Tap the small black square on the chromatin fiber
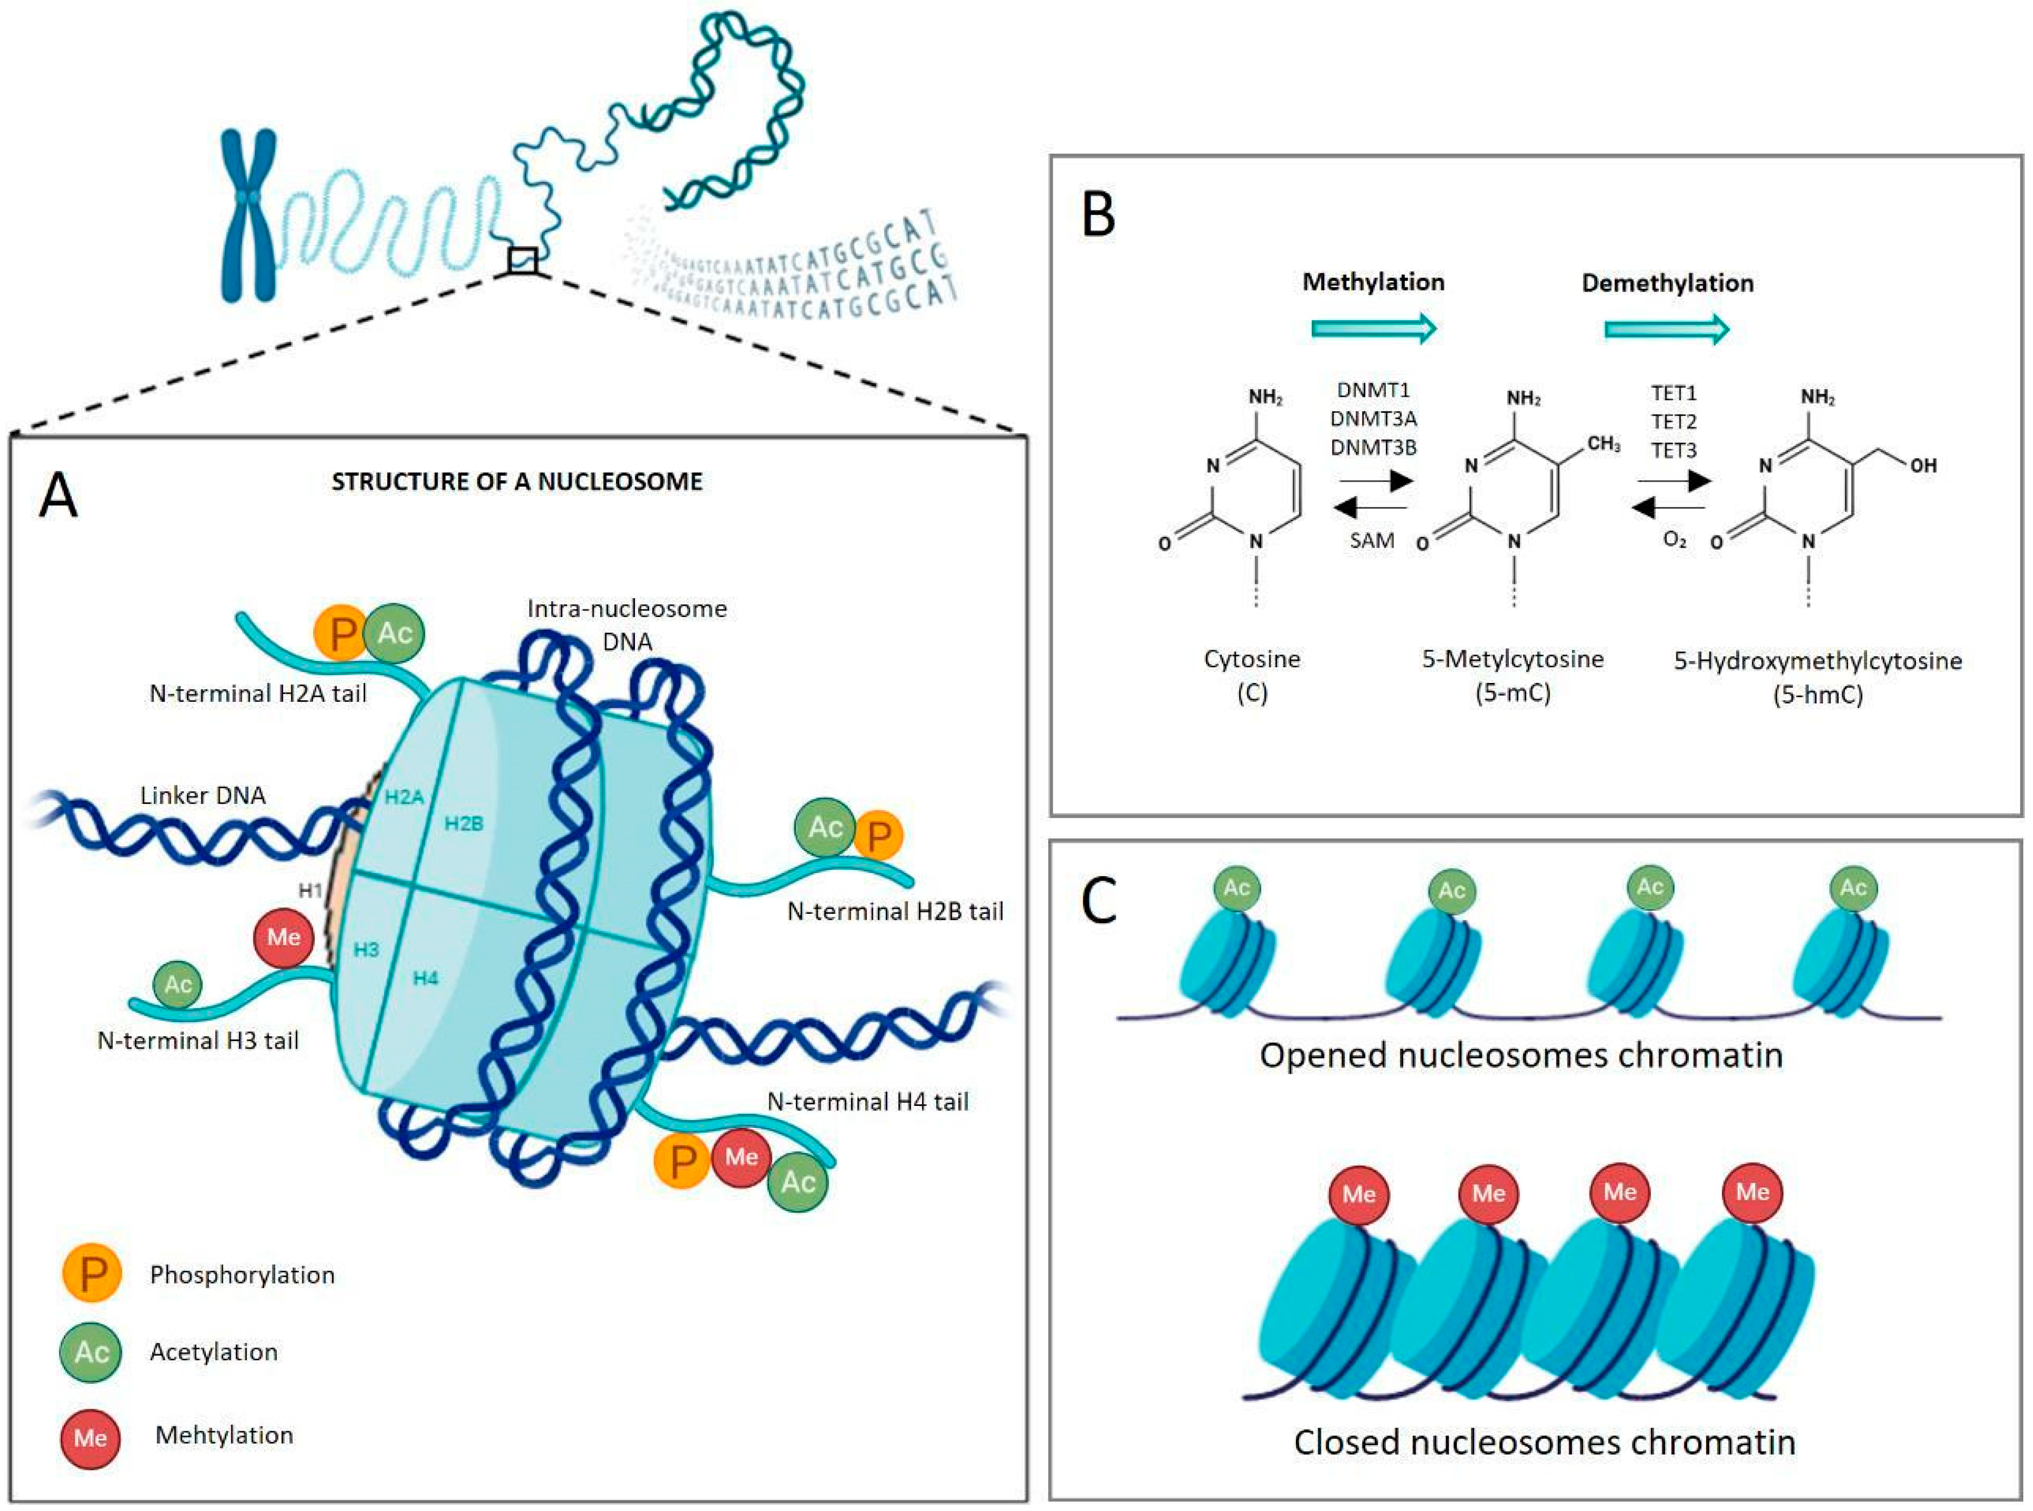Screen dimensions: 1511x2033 (x=522, y=261)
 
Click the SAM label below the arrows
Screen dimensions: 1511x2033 (x=1372, y=540)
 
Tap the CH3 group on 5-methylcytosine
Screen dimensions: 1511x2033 (x=1603, y=444)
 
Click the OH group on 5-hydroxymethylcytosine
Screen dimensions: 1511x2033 (x=1922, y=465)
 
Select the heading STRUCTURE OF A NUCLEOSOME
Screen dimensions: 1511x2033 (x=517, y=482)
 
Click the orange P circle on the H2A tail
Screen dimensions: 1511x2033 (x=341, y=633)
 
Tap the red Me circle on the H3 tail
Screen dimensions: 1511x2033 (x=283, y=937)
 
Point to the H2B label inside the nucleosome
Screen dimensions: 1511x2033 (x=464, y=824)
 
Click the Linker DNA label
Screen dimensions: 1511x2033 (x=203, y=795)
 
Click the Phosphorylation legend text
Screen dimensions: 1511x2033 (x=242, y=1275)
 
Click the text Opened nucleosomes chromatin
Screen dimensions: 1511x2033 (x=1520, y=1055)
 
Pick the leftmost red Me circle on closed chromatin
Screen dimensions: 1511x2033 (x=1358, y=1194)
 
